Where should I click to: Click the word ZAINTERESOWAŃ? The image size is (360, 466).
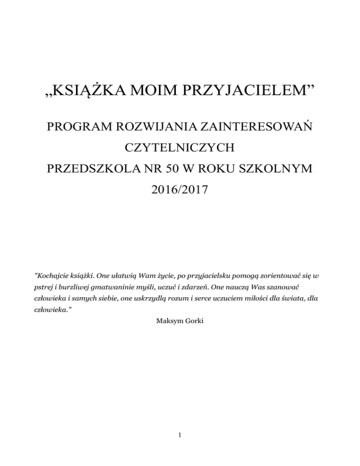(x=261, y=127)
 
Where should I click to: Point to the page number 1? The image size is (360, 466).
(x=180, y=435)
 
